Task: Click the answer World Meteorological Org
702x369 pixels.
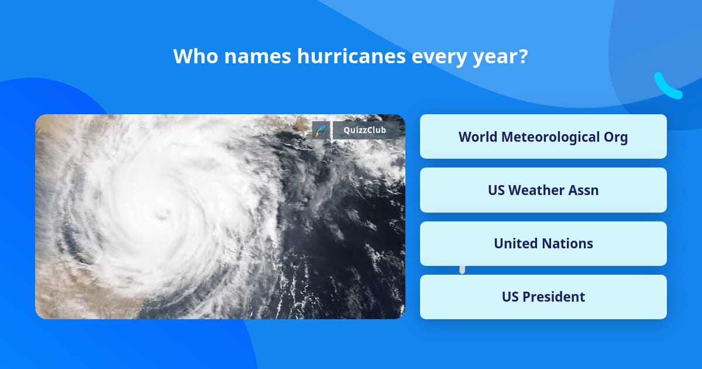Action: [x=543, y=136]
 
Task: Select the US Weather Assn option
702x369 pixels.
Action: [x=543, y=190]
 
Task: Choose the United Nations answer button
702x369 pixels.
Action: [x=543, y=243]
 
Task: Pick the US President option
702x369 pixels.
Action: [x=543, y=296]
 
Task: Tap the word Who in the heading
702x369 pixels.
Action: [x=192, y=57]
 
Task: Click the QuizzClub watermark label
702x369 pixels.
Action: [x=366, y=130]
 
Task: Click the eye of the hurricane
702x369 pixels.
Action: [x=161, y=213]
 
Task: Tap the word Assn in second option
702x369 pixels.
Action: [x=582, y=190]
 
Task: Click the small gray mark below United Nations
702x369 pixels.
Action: [x=462, y=269]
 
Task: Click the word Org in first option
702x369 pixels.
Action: [x=615, y=136]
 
